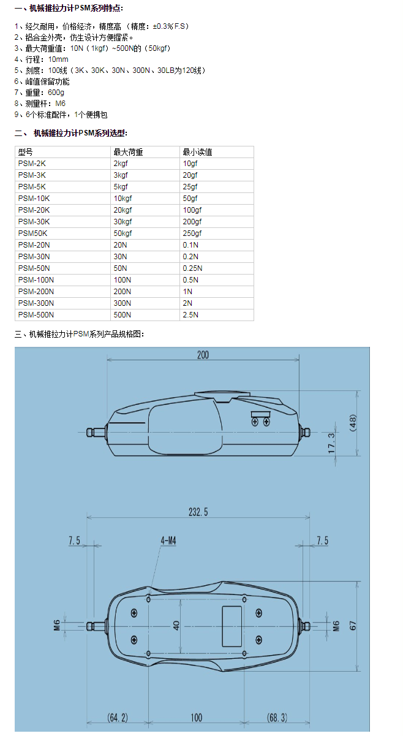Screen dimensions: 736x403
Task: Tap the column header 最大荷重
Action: pyautogui.click(x=128, y=152)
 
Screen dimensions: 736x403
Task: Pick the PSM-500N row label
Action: pyautogui.click(x=36, y=315)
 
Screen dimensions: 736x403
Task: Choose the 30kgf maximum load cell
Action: pyautogui.click(x=123, y=222)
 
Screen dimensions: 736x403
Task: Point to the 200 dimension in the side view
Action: pyautogui.click(x=203, y=355)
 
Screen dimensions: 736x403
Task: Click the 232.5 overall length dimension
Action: pyautogui.click(x=198, y=512)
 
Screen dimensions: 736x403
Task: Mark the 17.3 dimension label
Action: pyautogui.click(x=331, y=443)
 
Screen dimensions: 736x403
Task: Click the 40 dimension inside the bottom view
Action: pyautogui.click(x=176, y=626)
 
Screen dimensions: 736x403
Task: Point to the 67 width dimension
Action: pyautogui.click(x=353, y=626)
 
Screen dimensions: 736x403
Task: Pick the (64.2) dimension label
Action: pyautogui.click(x=118, y=717)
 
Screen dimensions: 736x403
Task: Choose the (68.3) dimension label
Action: pyautogui.click(x=277, y=717)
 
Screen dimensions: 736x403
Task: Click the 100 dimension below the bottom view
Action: pyautogui.click(x=196, y=717)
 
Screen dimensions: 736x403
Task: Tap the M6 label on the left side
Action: pyautogui.click(x=56, y=626)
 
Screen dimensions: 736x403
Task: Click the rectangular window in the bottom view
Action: pyautogui.click(x=232, y=625)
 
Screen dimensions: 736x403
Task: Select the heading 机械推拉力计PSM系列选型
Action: pyautogui.click(x=80, y=133)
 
